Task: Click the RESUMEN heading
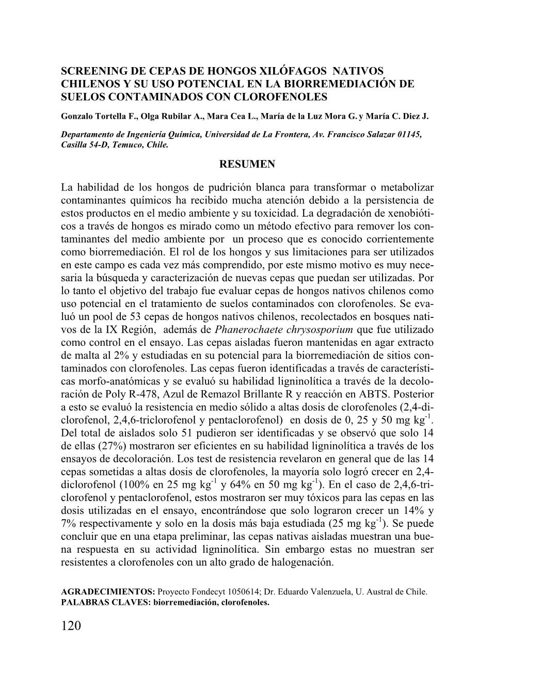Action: pos(247,164)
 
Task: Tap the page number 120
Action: pos(71,626)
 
